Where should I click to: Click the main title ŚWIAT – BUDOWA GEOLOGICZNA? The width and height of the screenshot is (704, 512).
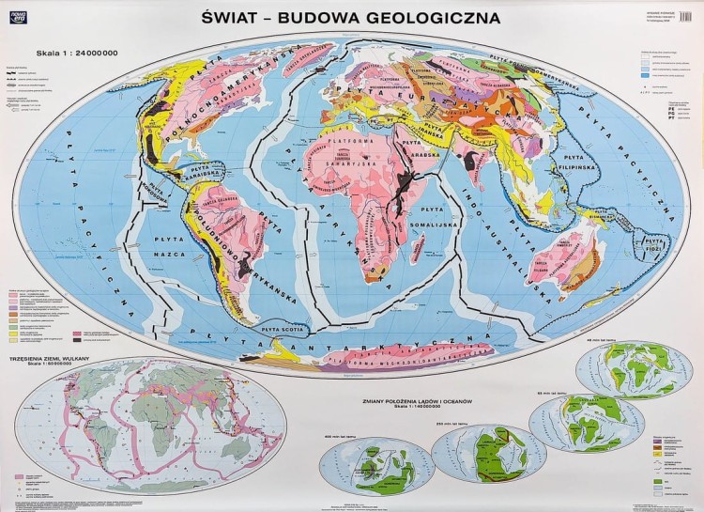click(x=352, y=17)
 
